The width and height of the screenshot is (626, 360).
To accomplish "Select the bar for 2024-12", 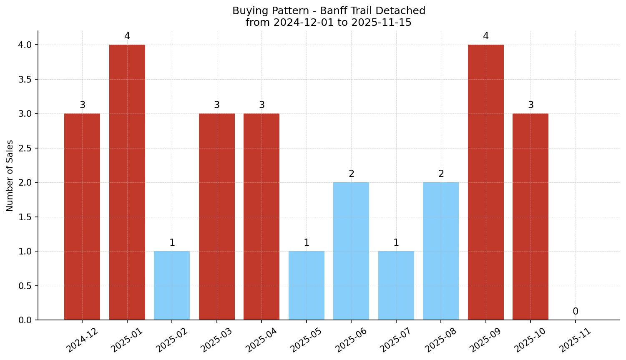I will coord(82,217).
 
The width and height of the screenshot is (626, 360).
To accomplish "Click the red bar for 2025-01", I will coord(127,182).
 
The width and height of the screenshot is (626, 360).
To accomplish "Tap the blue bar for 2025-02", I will coord(172,285).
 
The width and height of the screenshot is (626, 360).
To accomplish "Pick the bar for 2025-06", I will coord(351,251).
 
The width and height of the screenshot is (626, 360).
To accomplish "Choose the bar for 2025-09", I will coord(486,182).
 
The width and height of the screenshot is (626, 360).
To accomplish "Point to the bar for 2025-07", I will coord(396,285).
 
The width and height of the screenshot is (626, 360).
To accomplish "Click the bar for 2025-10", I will coord(530,217).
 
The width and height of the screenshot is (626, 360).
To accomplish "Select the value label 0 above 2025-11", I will coord(576,312).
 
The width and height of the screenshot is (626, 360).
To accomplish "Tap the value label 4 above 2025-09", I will coord(486,36).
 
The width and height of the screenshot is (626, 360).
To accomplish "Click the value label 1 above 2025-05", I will coord(307,243).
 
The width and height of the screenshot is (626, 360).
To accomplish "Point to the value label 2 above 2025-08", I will coord(441,174).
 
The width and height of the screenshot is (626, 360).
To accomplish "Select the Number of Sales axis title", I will coord(10,176).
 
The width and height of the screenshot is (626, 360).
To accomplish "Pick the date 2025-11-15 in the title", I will coord(381,23).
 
